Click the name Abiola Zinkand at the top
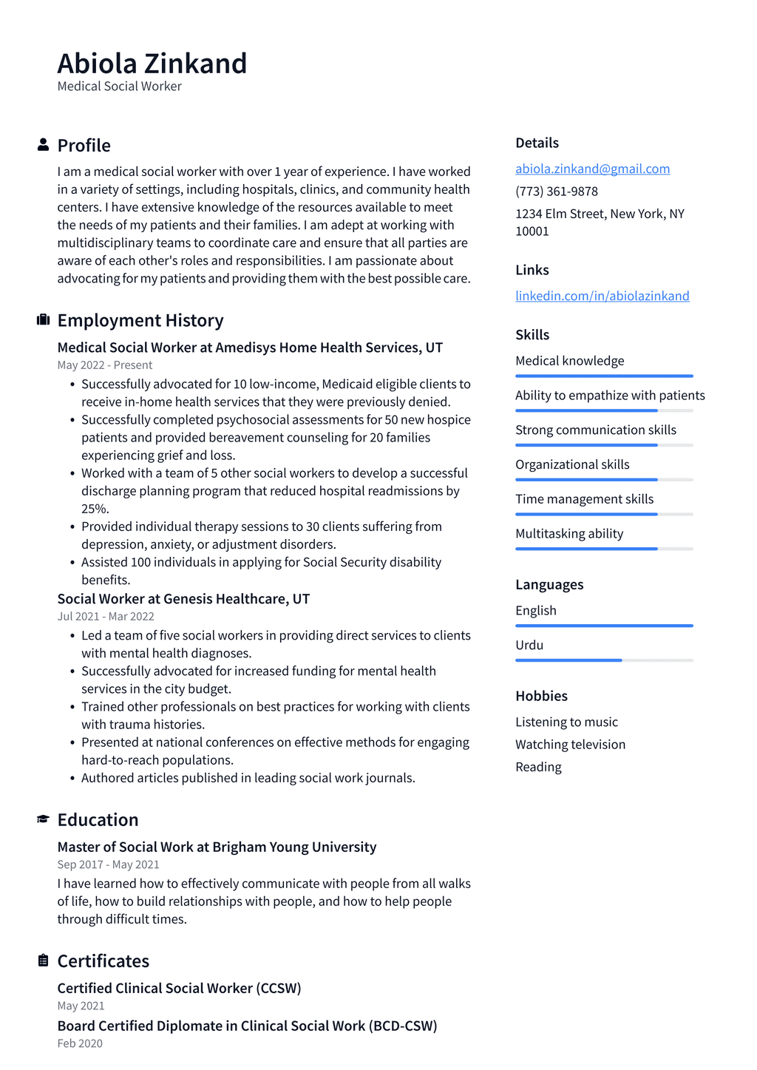coord(152,64)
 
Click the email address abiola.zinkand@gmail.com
coord(592,169)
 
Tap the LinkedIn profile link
coord(602,296)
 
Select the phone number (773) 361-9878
coord(557,191)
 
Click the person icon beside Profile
coord(43,145)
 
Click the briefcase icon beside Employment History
coord(43,319)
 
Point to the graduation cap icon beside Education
coord(43,819)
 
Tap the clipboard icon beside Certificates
coord(43,961)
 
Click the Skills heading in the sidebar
coord(532,334)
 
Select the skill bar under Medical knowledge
coord(604,376)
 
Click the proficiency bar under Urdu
coord(604,660)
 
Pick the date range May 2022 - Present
coord(105,365)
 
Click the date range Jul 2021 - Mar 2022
coord(106,617)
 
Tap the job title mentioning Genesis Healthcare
coord(183,599)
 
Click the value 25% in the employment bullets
coord(95,509)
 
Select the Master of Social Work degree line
coord(217,847)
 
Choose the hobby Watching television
coord(570,745)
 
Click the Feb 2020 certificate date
coord(80,1043)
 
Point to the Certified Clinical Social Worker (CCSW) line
coord(179,988)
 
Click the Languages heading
coord(549,584)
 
